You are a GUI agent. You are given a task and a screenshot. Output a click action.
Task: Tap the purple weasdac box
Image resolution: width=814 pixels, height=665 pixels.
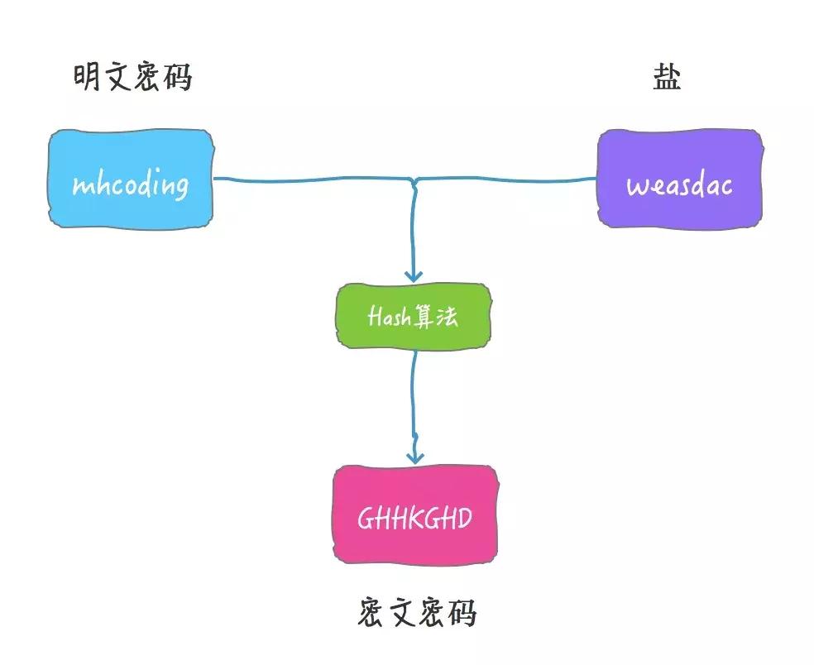pyautogui.click(x=679, y=177)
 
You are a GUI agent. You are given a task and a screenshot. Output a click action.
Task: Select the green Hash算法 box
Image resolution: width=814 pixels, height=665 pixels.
pyautogui.click(x=413, y=316)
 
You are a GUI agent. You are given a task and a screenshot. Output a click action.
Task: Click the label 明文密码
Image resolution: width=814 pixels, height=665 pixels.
pyautogui.click(x=132, y=78)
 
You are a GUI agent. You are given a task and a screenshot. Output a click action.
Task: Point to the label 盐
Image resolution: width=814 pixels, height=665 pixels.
pyautogui.click(x=667, y=78)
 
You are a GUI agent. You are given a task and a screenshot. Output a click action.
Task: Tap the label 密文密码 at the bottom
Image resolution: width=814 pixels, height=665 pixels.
pyautogui.click(x=418, y=613)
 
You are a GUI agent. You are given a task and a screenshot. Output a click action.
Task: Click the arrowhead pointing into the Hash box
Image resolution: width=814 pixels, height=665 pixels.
pyautogui.click(x=413, y=275)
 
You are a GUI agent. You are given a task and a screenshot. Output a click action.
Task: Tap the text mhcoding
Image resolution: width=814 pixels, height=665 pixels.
pyautogui.click(x=130, y=184)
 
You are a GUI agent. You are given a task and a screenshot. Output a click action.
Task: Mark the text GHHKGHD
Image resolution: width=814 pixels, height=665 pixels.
pyautogui.click(x=414, y=519)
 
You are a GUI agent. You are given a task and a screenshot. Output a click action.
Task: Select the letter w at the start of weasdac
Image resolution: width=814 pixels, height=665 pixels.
pyautogui.click(x=636, y=186)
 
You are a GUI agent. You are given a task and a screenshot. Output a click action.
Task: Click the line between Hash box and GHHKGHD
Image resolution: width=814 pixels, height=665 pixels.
pyautogui.click(x=413, y=397)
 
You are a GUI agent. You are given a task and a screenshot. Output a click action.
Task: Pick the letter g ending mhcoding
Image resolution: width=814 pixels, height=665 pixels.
pyautogui.click(x=180, y=187)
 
